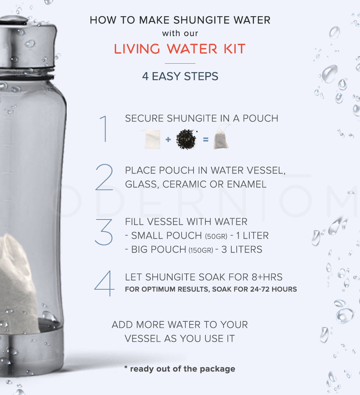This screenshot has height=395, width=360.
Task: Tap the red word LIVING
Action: point(137,49)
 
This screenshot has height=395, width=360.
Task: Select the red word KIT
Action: point(234,49)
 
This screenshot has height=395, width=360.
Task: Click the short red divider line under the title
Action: point(180,64)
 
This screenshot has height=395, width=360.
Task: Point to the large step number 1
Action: point(104,129)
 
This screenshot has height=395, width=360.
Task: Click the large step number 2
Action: point(104,177)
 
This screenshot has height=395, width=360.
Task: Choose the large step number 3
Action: point(104,232)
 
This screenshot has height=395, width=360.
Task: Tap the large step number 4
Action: point(104,284)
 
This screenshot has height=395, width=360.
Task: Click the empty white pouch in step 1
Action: point(152,139)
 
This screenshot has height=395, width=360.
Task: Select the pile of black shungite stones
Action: point(186,139)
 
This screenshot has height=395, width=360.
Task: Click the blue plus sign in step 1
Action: point(168,139)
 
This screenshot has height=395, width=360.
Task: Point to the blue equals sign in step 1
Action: point(206,139)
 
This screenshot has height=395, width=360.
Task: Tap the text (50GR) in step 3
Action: point(216,236)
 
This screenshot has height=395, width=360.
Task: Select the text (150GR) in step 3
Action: point(201,250)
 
